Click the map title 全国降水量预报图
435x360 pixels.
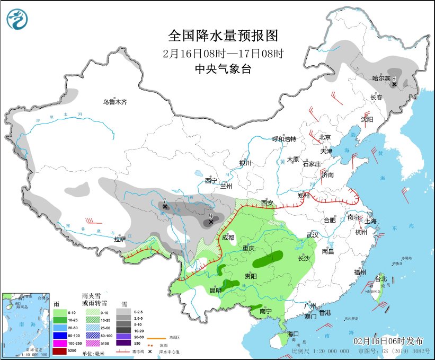pos(223,36)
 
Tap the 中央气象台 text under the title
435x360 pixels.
pos(223,68)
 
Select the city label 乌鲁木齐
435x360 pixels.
pos(115,102)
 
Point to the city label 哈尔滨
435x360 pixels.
pos(381,78)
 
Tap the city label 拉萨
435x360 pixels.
pos(120,239)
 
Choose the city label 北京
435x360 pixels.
pos(325,137)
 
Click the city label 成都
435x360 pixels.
pos(228,238)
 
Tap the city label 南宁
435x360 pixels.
pos(265,312)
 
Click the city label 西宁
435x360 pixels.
pos(211,181)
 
